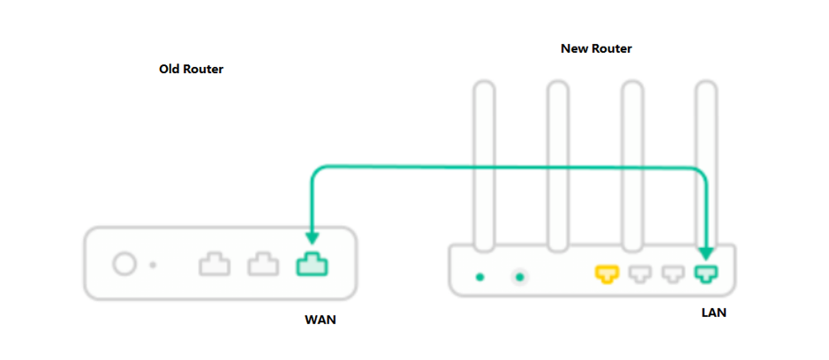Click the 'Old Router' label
point(191,69)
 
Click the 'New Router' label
point(597,49)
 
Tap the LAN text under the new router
point(713,312)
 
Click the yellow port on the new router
point(607,275)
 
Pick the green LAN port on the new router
point(706,275)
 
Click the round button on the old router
point(124,263)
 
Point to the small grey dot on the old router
point(154,264)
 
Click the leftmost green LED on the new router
point(480,277)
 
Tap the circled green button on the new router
point(520,277)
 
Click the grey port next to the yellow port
point(639,275)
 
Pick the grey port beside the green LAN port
point(673,275)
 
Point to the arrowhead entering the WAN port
point(310,236)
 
